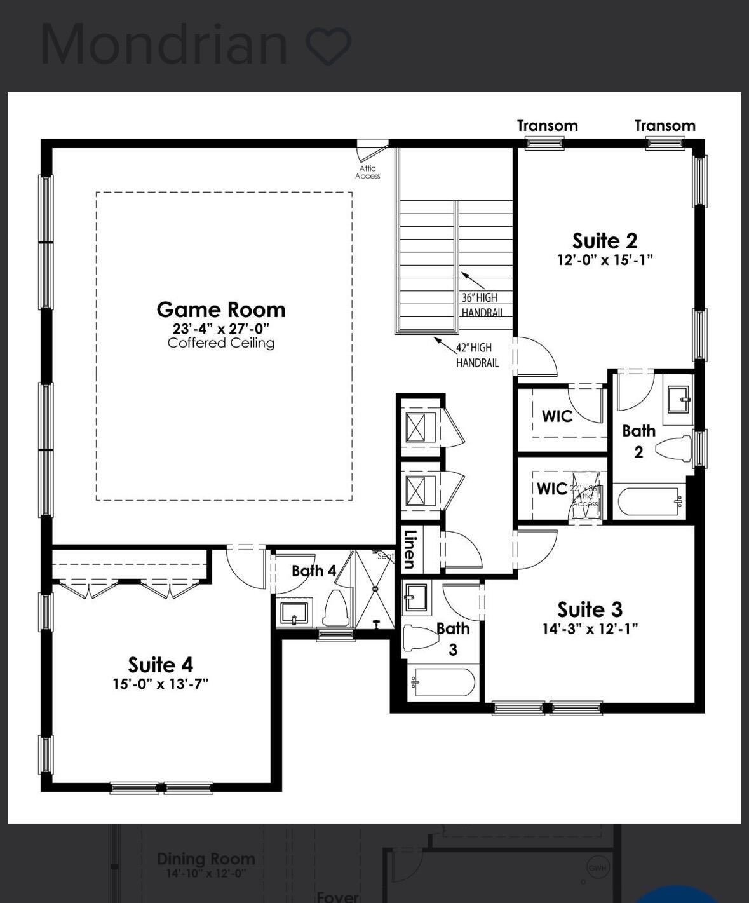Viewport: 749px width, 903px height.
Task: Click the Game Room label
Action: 221,310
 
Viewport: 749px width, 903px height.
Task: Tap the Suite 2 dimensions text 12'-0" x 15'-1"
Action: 605,260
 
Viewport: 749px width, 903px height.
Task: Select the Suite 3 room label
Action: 590,609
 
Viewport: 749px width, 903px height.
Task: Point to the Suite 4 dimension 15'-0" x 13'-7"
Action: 161,684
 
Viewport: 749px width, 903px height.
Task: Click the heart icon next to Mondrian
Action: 328,46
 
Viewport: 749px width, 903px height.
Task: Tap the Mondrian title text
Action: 164,44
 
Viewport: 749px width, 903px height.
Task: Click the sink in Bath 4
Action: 294,613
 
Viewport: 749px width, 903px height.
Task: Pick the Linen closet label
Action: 410,549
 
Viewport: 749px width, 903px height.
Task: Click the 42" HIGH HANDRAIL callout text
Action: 477,355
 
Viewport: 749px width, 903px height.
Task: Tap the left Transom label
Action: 547,126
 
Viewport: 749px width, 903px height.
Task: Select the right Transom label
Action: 665,126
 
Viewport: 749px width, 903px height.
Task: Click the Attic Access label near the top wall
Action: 367,172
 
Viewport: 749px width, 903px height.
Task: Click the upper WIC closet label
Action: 557,416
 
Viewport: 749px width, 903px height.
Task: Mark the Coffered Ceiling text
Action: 221,343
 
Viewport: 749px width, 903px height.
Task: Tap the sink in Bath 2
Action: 678,400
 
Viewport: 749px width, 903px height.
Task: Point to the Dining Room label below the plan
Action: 206,859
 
